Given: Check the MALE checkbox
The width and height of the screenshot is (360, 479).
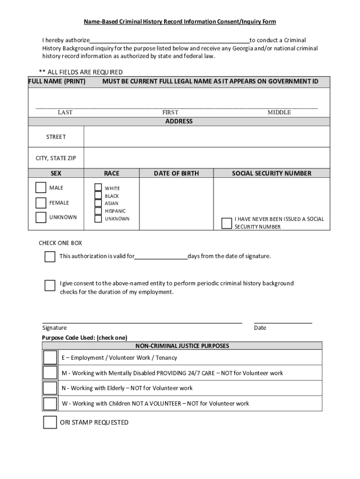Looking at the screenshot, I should [x=41, y=188].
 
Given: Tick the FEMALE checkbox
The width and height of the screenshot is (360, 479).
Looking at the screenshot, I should [x=41, y=203].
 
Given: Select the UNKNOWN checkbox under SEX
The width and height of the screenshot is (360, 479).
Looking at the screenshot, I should [x=41, y=217].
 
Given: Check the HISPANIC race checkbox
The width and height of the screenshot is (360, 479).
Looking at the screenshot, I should [x=98, y=211].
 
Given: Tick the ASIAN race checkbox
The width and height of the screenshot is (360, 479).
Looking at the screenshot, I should [x=98, y=203].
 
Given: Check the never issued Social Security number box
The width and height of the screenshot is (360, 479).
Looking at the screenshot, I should [x=227, y=223].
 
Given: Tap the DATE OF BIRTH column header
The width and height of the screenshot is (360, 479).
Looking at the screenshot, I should [x=176, y=174].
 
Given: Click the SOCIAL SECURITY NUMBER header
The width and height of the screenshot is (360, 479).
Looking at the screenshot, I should [x=272, y=174].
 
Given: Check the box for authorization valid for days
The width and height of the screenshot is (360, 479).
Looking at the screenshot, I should [x=50, y=257].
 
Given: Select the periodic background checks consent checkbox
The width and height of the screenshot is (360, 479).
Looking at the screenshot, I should [x=50, y=285].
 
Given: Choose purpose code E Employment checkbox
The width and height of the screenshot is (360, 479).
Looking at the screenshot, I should [x=50, y=358].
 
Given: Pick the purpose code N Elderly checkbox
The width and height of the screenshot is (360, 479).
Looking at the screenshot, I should [x=50, y=388].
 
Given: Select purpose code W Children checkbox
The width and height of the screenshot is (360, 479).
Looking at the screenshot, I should [x=50, y=404].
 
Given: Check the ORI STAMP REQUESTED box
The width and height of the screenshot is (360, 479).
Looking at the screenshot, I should [x=50, y=422].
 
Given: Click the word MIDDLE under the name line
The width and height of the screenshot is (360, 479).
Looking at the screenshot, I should [x=279, y=112].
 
